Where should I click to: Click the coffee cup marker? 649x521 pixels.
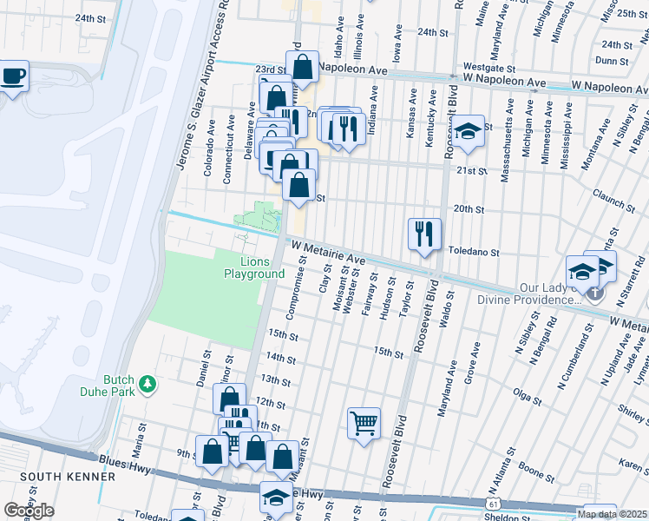point(13,76)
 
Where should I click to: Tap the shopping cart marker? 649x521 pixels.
point(364,424)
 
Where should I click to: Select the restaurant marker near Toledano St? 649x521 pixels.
point(424,234)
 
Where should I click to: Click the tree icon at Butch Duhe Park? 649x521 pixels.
point(147,383)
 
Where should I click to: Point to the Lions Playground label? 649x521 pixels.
point(254,267)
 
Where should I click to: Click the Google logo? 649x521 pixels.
point(29,511)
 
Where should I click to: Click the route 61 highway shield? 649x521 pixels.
point(493,504)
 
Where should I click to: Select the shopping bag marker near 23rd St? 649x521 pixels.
point(302,67)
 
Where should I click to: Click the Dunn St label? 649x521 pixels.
point(612,61)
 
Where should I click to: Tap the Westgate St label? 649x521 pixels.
point(489,66)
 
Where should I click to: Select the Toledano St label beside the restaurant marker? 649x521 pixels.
point(475,252)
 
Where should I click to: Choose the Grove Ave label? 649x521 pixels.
point(470,366)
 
